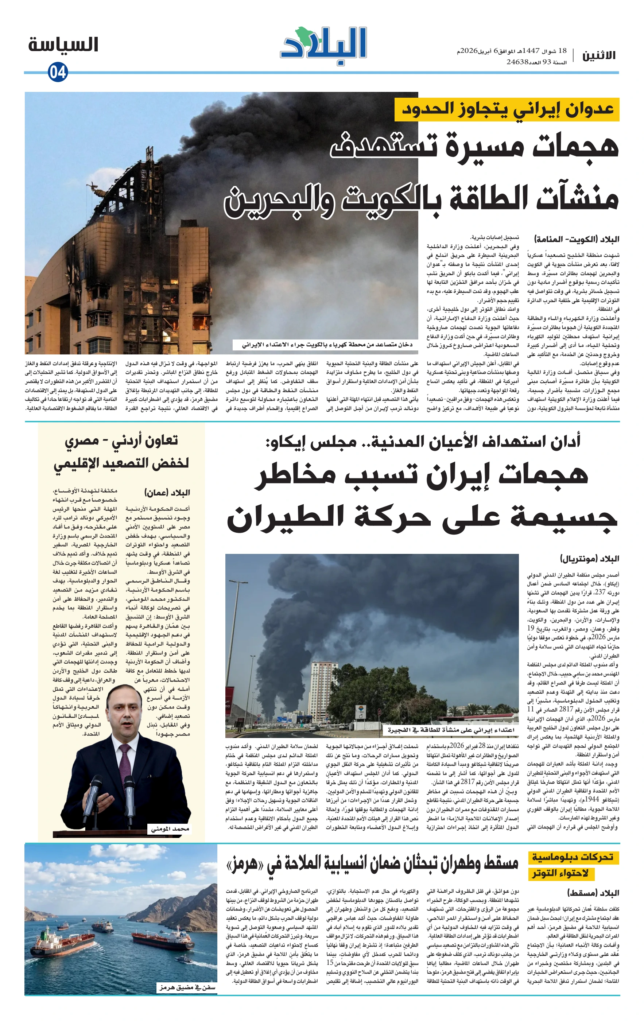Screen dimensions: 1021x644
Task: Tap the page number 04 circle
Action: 58,72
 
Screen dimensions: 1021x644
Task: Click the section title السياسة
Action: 63,44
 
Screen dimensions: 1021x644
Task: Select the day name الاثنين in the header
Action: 599,55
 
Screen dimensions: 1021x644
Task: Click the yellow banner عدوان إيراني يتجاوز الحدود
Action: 507,109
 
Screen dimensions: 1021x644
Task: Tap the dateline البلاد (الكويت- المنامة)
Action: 577,239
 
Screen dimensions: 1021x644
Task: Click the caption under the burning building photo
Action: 326,345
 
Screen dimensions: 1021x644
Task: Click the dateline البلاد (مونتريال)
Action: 589,558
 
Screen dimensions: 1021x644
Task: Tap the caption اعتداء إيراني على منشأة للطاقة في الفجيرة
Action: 450,730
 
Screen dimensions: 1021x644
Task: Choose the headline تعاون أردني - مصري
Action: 121,440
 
